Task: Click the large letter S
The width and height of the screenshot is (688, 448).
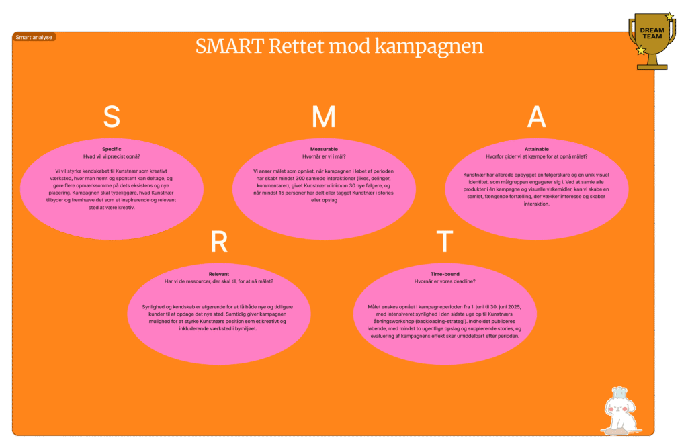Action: point(112,117)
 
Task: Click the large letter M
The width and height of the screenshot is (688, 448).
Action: point(323,117)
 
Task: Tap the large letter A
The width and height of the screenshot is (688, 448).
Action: point(536,117)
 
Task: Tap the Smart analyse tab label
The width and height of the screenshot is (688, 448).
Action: point(34,37)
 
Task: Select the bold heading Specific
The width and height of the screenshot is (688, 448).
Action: point(112,148)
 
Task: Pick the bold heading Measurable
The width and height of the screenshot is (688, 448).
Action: point(324,148)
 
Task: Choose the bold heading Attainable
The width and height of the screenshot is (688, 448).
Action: point(536,148)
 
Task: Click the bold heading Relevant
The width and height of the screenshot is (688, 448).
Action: point(219,274)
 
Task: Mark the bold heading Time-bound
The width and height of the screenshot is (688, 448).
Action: point(444,274)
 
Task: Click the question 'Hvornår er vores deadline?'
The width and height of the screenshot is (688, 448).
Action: point(444,281)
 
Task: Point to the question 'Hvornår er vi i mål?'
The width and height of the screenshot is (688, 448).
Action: point(324,156)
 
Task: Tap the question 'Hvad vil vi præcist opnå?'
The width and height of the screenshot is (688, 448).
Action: point(112,156)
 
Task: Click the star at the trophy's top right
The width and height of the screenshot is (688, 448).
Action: point(669,17)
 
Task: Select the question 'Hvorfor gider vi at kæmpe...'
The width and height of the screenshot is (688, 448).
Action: point(536,156)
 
